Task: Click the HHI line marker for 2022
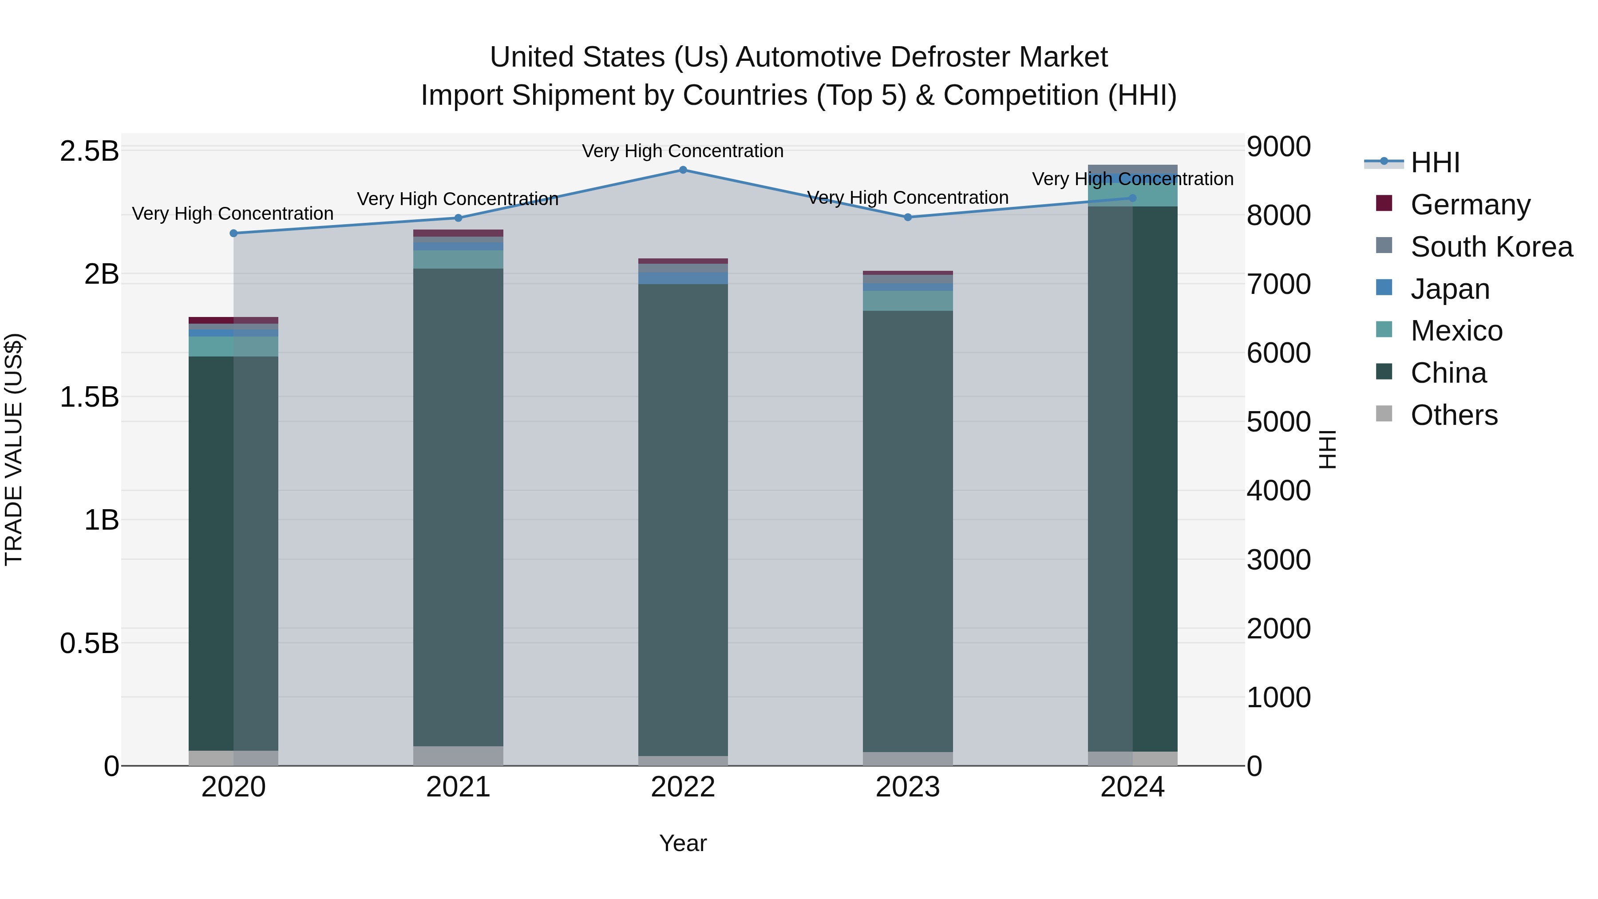(x=683, y=170)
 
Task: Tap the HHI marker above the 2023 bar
(x=908, y=217)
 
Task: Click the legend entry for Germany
(x=1470, y=205)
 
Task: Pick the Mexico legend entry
(x=1456, y=331)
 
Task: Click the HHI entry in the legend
(x=1435, y=162)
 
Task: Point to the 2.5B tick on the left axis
(x=89, y=151)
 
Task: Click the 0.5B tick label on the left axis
(x=89, y=643)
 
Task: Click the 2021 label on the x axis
(x=459, y=787)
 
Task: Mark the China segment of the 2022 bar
(x=683, y=521)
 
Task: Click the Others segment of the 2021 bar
(x=459, y=756)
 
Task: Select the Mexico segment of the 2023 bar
(x=908, y=301)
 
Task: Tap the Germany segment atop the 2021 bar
(x=459, y=233)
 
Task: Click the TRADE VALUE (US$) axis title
(x=14, y=449)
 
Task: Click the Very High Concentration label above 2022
(x=683, y=151)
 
